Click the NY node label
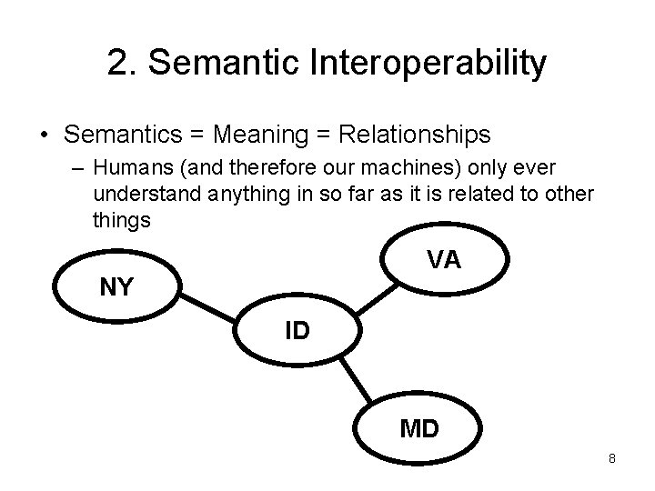pyautogui.click(x=116, y=288)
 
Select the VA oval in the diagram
pyautogui.click(x=444, y=260)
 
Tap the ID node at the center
pyautogui.click(x=297, y=330)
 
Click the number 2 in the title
pyautogui.click(x=116, y=64)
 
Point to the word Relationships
pyautogui.click(x=414, y=135)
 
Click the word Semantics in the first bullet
pyautogui.click(x=124, y=135)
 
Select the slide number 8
pyautogui.click(x=612, y=459)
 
